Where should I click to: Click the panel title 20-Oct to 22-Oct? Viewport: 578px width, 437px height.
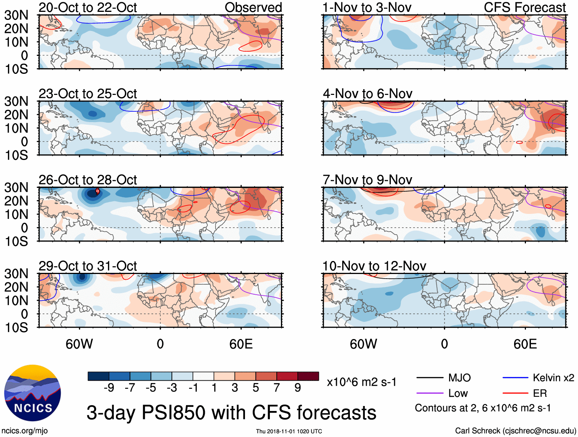pyautogui.click(x=88, y=8)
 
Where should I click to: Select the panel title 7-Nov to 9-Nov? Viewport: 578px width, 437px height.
pyautogui.click(x=367, y=180)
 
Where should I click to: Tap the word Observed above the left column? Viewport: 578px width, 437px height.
pyautogui.click(x=253, y=8)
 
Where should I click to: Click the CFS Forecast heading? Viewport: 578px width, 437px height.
pyautogui.click(x=524, y=8)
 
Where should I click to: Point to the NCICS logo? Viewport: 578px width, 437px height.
pyautogui.click(x=33, y=393)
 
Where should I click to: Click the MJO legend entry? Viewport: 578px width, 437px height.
pyautogui.click(x=459, y=378)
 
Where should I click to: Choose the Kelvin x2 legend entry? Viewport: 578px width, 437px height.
pyautogui.click(x=553, y=378)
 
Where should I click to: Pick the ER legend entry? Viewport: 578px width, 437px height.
pyautogui.click(x=540, y=393)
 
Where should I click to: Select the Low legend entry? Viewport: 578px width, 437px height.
pyautogui.click(x=458, y=393)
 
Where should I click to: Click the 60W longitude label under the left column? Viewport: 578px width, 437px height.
pyautogui.click(x=79, y=344)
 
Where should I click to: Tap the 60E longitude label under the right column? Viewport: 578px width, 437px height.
pyautogui.click(x=525, y=344)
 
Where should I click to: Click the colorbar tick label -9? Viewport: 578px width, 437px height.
pyautogui.click(x=109, y=388)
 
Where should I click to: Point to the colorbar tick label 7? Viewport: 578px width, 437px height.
pyautogui.click(x=277, y=388)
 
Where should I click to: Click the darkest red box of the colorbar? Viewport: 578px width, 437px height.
pyautogui.click(x=308, y=376)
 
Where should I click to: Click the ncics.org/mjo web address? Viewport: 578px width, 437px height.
pyautogui.click(x=24, y=430)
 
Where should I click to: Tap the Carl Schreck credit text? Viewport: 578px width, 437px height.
pyautogui.click(x=515, y=430)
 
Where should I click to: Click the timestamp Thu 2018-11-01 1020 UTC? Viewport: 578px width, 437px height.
pyautogui.click(x=289, y=431)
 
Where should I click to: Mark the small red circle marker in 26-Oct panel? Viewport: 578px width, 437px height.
pyautogui.click(x=98, y=191)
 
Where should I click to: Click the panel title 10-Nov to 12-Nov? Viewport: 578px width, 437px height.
pyautogui.click(x=374, y=266)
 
